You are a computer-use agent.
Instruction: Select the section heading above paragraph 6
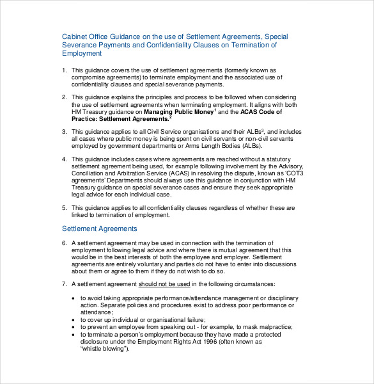tap(99, 228)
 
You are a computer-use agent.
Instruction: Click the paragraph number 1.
tap(64, 70)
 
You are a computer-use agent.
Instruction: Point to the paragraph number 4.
tap(64, 158)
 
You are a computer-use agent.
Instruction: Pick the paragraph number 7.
tap(64, 284)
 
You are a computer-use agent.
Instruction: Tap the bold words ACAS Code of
tap(261, 111)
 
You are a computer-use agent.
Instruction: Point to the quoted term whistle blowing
tap(104, 349)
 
